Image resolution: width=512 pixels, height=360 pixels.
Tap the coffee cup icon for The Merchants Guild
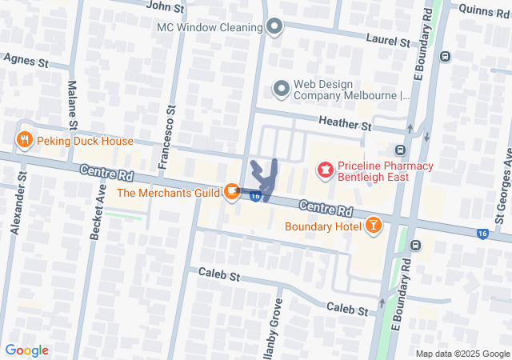(x=230, y=191)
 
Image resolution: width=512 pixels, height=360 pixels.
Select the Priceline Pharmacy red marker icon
(x=325, y=170)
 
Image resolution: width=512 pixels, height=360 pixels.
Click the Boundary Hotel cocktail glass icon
(x=373, y=226)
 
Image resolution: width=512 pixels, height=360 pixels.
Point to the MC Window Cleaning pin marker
(x=274, y=27)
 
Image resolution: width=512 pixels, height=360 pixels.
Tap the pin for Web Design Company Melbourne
(x=281, y=88)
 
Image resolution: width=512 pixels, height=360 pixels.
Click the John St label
(x=165, y=6)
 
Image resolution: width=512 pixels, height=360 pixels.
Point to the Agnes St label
(x=26, y=61)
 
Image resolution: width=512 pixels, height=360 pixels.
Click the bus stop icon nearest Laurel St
(x=446, y=56)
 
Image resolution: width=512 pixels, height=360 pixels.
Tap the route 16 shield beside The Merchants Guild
(x=254, y=196)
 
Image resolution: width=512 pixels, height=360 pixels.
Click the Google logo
(x=26, y=350)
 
